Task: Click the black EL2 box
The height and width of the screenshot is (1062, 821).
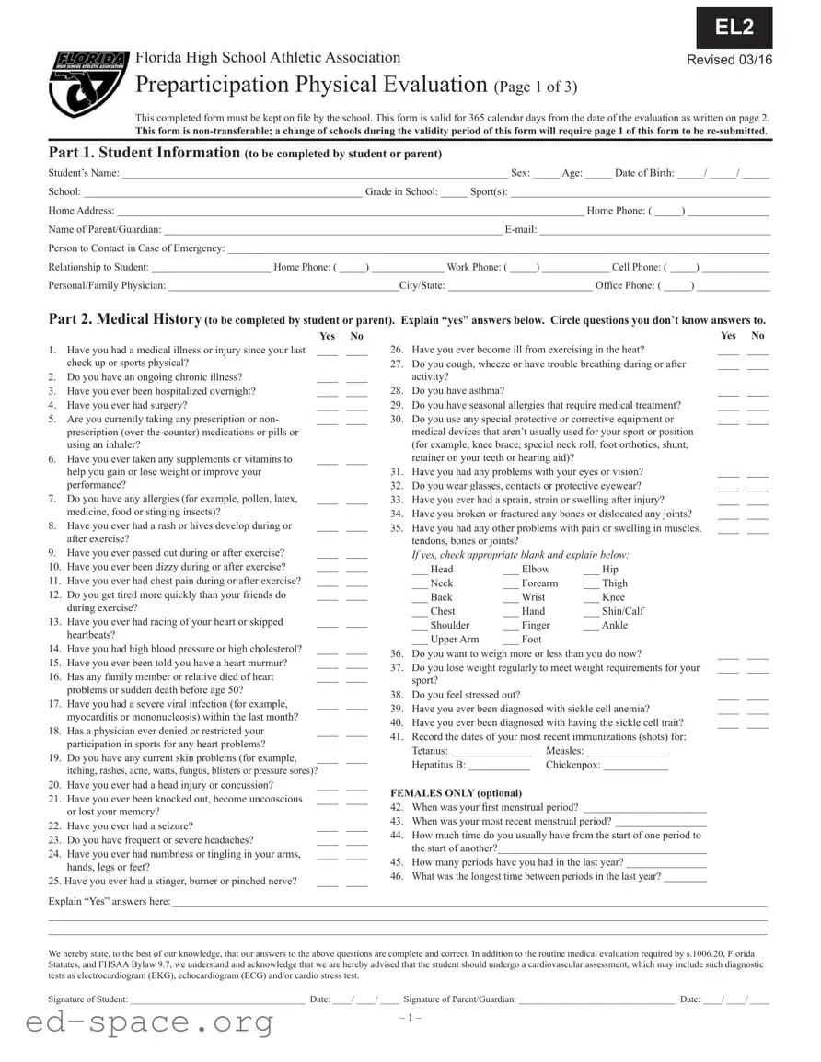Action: pos(734,28)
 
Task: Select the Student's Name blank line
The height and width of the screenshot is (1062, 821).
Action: pos(313,174)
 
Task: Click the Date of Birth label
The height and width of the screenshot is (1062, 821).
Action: pos(644,173)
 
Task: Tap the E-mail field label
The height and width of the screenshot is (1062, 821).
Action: pos(520,229)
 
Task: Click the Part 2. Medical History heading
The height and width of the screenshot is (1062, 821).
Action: pos(124,318)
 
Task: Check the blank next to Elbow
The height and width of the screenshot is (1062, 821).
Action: pos(511,571)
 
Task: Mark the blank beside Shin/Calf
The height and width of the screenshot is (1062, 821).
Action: pos(591,612)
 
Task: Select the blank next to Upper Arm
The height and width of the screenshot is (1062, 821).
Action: pos(420,640)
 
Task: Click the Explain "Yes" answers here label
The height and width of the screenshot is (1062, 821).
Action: pos(109,902)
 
